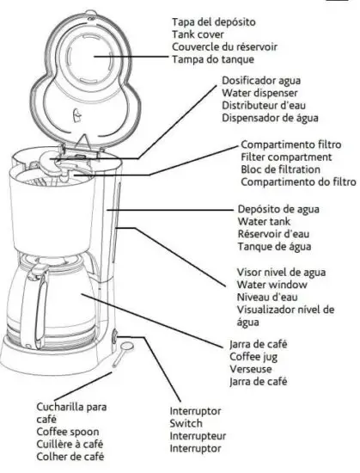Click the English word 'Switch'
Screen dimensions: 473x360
[x=186, y=424]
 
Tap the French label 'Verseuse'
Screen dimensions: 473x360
[x=251, y=368]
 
